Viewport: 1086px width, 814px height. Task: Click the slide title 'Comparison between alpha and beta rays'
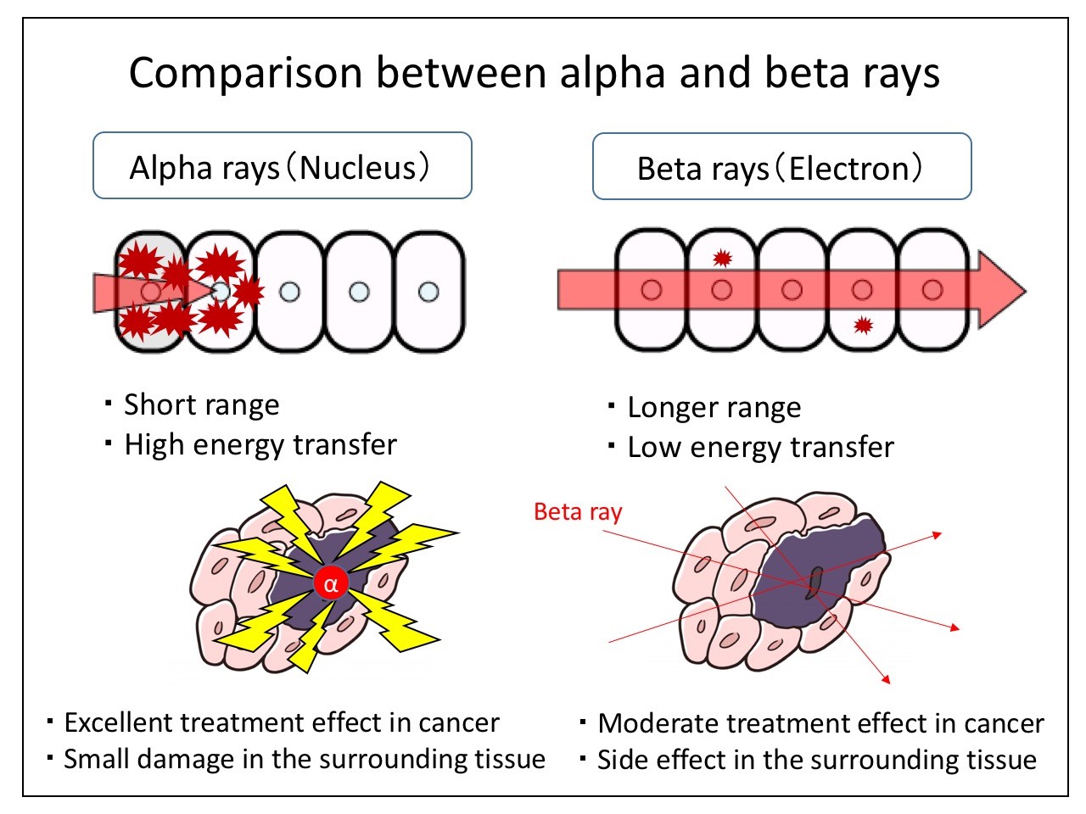[535, 73]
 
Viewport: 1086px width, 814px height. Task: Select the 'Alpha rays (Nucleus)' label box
[282, 166]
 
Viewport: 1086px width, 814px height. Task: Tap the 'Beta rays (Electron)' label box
[781, 167]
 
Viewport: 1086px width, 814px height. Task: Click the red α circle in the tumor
[330, 583]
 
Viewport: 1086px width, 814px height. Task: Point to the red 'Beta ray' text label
[578, 512]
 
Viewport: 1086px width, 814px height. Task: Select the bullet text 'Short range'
[201, 404]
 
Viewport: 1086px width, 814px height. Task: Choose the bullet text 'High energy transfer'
[260, 444]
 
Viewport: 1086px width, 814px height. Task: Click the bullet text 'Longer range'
[714, 408]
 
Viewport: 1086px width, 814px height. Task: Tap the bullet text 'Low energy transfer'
[760, 448]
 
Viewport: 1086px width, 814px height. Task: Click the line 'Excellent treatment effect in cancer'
[281, 722]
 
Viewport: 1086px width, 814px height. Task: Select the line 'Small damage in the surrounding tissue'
[304, 759]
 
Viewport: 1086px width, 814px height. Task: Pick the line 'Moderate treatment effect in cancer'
[820, 723]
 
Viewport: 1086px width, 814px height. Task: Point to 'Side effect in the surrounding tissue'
[816, 760]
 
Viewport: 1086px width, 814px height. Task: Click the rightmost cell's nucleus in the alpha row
[429, 292]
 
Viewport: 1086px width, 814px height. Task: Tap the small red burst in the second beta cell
[722, 258]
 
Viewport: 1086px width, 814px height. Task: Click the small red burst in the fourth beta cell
[863, 324]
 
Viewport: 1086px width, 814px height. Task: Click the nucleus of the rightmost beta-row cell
[932, 290]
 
